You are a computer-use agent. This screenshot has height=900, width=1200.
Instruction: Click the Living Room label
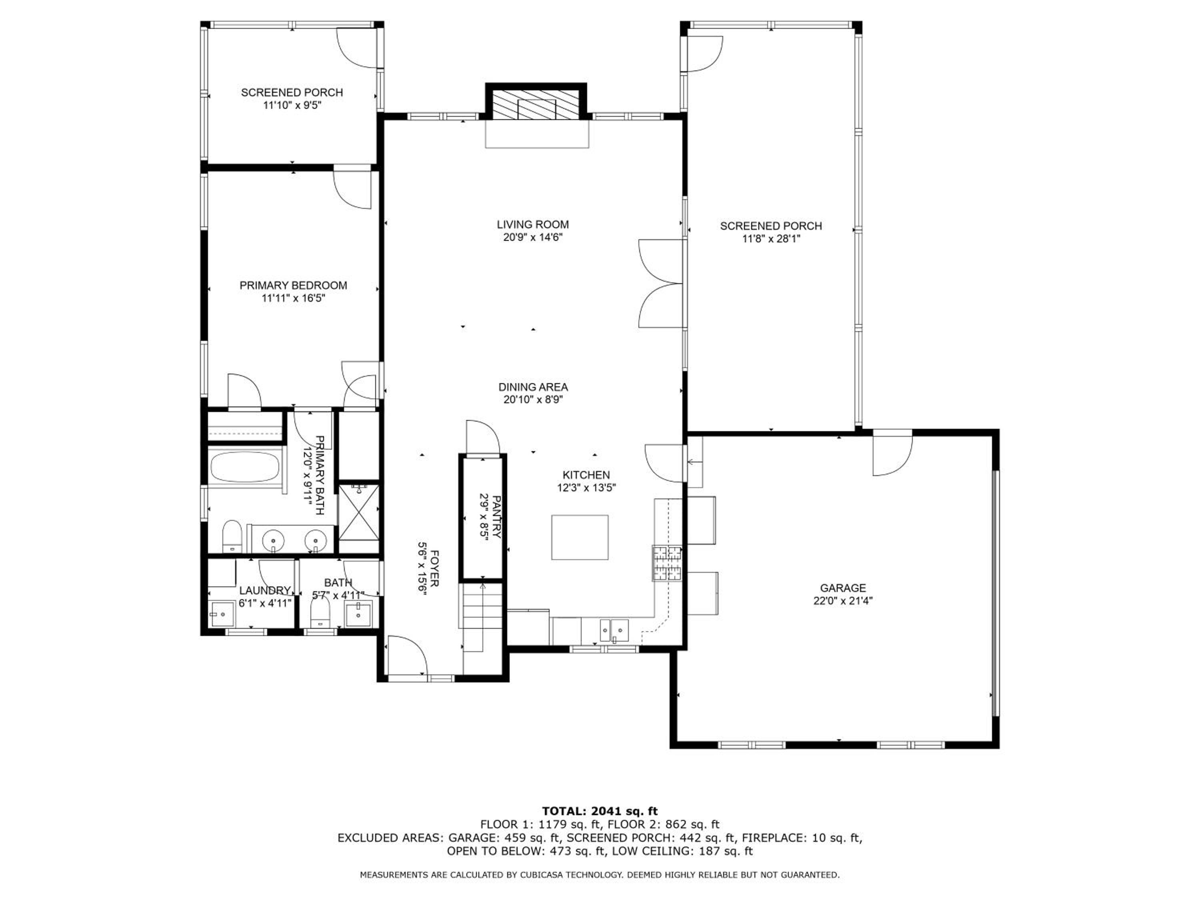coord(533,224)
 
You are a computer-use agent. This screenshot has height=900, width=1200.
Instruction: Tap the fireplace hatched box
coord(536,105)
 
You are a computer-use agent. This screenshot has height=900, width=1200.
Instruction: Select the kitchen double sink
coord(614,630)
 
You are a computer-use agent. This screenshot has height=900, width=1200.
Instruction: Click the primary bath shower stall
coord(358,512)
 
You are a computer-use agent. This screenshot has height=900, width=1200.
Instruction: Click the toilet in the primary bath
coord(232,536)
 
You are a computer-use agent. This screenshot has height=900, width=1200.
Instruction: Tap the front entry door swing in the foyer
coord(407,656)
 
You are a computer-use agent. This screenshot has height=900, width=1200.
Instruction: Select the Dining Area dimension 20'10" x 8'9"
coord(533,400)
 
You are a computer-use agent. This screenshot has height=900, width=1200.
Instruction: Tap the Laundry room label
coord(265,590)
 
